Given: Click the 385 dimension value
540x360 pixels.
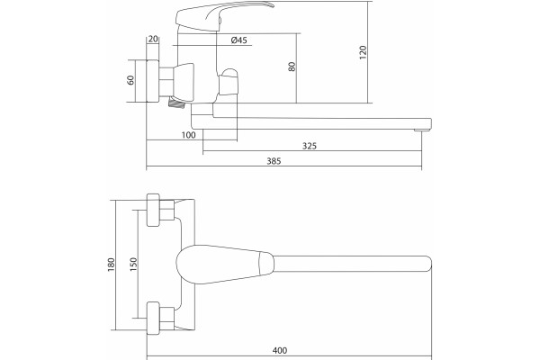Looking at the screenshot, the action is click(x=274, y=161).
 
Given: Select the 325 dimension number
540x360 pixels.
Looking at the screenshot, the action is click(x=310, y=146).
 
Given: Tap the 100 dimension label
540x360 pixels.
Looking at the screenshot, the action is click(x=188, y=135).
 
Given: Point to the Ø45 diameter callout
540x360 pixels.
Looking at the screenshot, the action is click(x=239, y=40).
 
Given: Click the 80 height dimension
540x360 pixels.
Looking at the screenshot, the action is click(x=292, y=67).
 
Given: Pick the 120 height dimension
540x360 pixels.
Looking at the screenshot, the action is click(x=363, y=52).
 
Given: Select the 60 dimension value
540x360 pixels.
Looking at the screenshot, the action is click(x=130, y=80).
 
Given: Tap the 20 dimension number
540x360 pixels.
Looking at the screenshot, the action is click(x=153, y=39).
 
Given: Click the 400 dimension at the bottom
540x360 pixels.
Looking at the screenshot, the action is click(x=280, y=350).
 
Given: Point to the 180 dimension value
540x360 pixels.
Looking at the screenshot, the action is click(x=111, y=265).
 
